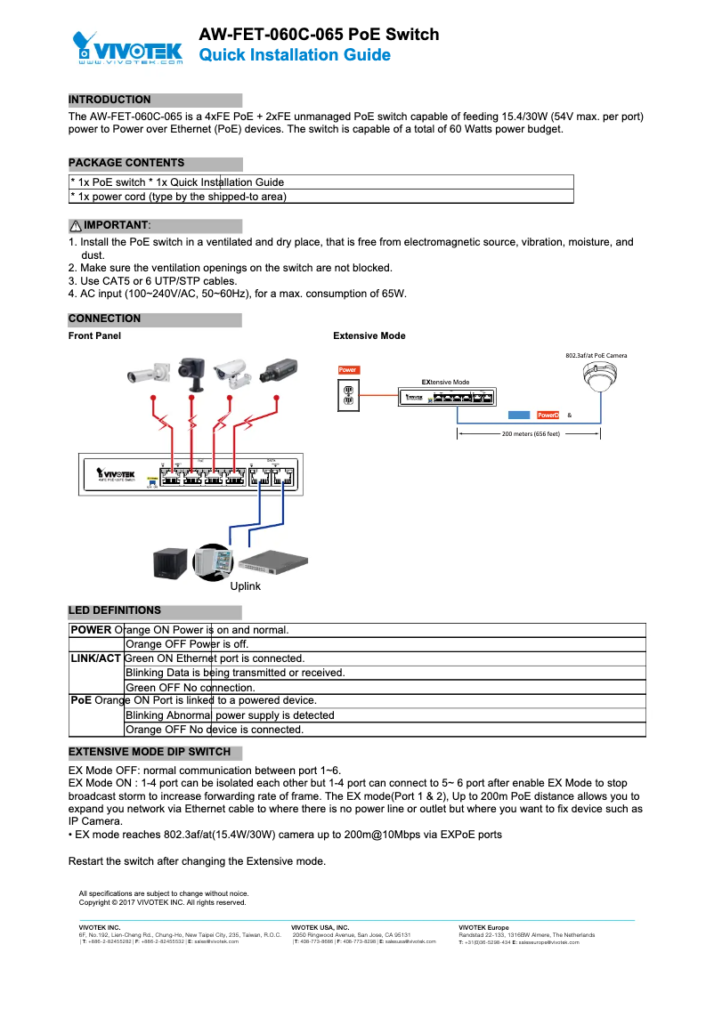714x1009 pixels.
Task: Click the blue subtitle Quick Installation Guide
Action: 294,55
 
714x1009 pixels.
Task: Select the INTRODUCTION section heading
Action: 110,100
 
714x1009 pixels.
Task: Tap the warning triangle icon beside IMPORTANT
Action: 75,226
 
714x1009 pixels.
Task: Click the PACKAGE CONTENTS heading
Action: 126,163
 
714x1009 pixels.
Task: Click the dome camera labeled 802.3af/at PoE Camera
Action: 597,378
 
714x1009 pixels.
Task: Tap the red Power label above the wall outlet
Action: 348,369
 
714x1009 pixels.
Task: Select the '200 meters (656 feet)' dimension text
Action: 531,434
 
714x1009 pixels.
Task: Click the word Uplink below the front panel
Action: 246,586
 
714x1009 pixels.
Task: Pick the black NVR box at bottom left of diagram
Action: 170,562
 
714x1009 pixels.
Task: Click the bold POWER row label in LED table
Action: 91,630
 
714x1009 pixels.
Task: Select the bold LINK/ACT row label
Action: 95,658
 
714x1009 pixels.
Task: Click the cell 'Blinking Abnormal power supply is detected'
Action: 230,715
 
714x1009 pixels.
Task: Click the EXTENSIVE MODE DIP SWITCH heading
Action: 150,752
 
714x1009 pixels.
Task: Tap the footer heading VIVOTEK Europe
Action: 483,928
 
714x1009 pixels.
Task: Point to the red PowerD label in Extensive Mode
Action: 548,416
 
